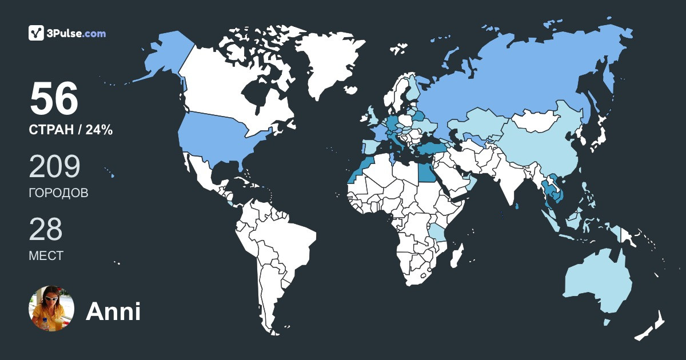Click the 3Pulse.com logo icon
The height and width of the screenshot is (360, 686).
click(37, 33)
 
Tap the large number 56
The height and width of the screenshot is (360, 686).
click(54, 99)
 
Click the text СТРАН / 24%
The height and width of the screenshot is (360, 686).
click(70, 130)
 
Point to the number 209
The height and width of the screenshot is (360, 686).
click(54, 166)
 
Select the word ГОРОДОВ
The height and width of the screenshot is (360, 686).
click(58, 193)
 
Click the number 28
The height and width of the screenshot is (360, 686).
click(46, 229)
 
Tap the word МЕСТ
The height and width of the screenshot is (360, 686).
click(46, 256)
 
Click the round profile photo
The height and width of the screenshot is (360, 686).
click(51, 309)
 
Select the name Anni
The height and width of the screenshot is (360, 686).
click(113, 311)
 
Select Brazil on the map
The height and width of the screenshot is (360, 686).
click(286, 240)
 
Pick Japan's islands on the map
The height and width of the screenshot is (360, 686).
click(597, 137)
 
